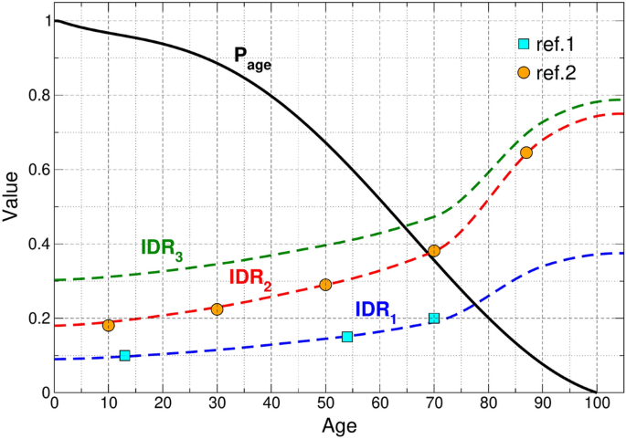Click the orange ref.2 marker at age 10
point(109,325)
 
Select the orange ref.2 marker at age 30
point(217,309)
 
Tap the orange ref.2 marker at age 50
point(325,285)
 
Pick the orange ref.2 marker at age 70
point(434,250)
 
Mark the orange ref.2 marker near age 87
point(526,152)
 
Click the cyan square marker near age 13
point(125,355)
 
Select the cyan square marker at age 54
point(347,337)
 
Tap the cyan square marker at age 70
point(434,319)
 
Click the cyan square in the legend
point(524,44)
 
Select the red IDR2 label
point(250,277)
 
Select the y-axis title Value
point(11,206)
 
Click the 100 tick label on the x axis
point(596,403)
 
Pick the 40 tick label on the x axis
point(271,403)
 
